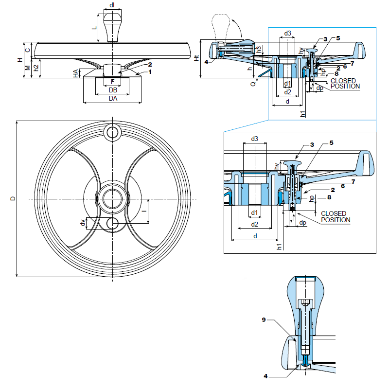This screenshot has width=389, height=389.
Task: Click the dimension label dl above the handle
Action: (x=112, y=5)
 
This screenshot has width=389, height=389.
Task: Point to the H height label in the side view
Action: (x=20, y=60)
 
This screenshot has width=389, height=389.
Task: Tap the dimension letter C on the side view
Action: (x=28, y=50)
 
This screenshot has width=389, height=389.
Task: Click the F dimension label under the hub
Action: (x=112, y=82)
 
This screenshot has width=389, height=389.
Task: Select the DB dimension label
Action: (x=112, y=90)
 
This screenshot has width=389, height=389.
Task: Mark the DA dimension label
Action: (x=112, y=99)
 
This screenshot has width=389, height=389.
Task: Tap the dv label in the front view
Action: (x=82, y=223)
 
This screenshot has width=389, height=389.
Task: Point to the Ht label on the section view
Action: (x=196, y=58)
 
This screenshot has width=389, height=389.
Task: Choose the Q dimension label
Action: (x=253, y=84)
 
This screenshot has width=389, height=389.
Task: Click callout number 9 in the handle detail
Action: (x=264, y=319)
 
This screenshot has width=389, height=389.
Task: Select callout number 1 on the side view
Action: (x=150, y=72)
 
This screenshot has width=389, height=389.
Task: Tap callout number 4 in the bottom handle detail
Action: (x=266, y=376)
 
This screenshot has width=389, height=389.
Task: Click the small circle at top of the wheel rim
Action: (x=112, y=131)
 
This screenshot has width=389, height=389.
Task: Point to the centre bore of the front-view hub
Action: (x=112, y=199)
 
